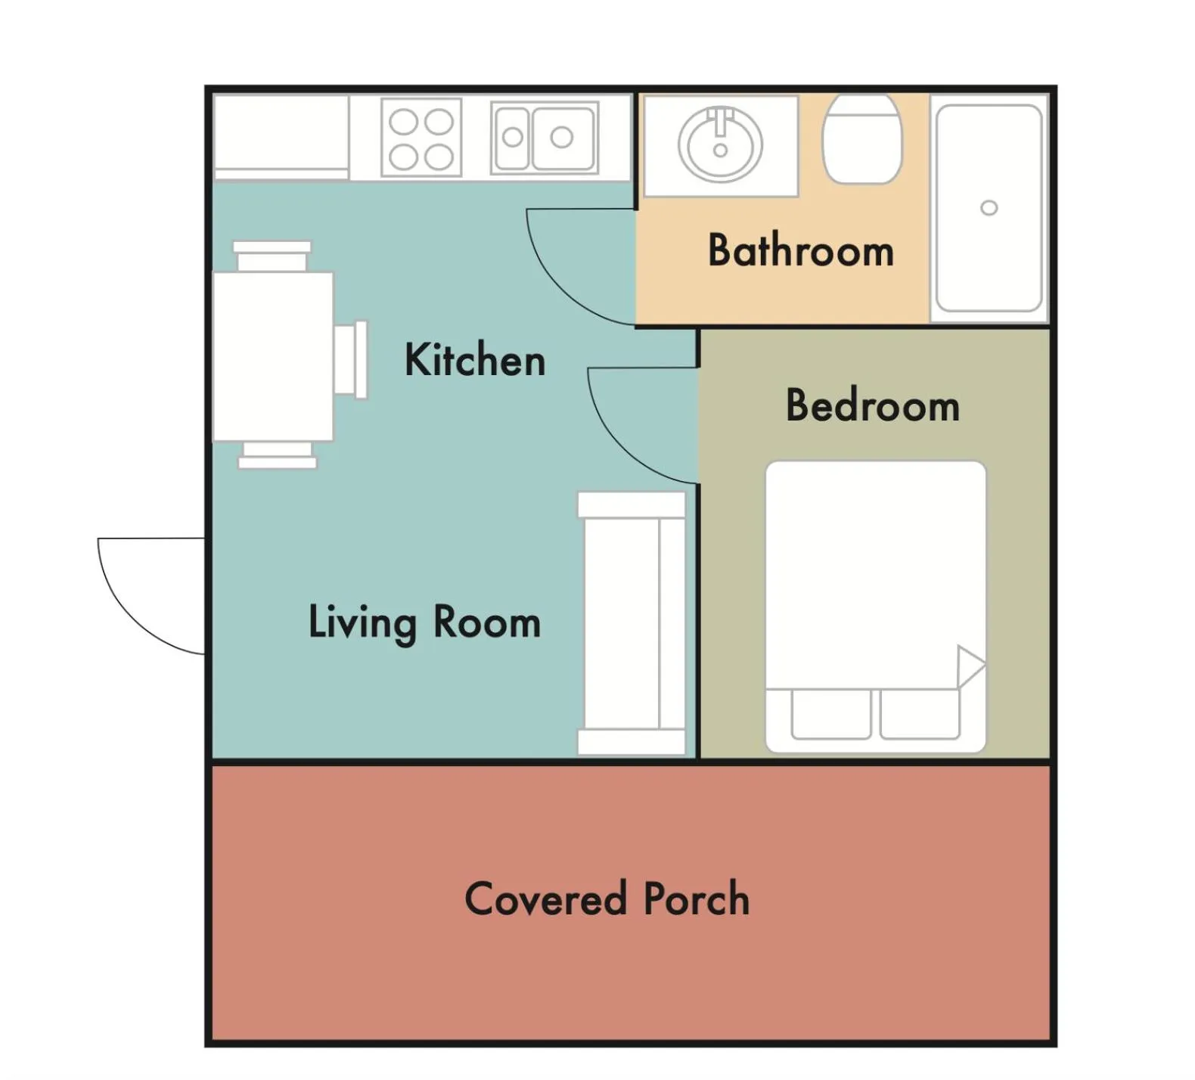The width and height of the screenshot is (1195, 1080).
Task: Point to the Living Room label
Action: click(x=424, y=622)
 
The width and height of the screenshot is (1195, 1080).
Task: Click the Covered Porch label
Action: click(x=607, y=898)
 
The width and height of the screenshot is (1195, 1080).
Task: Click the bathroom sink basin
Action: click(x=720, y=144)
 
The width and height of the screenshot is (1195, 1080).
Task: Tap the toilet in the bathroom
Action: click(x=862, y=138)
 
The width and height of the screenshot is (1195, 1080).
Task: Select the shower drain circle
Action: click(x=989, y=208)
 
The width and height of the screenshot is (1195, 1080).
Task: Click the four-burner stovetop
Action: click(x=421, y=137)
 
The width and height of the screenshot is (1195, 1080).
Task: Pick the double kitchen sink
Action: click(x=545, y=138)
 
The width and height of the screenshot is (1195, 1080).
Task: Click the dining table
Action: click(x=273, y=356)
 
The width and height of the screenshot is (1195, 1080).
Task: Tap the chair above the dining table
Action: click(x=272, y=256)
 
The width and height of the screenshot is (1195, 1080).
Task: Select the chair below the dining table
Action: click(x=277, y=455)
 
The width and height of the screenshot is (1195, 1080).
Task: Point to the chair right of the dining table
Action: click(x=351, y=358)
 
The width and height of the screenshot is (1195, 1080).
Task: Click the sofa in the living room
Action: click(x=632, y=623)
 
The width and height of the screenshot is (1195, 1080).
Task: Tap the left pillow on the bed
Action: click(x=830, y=714)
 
